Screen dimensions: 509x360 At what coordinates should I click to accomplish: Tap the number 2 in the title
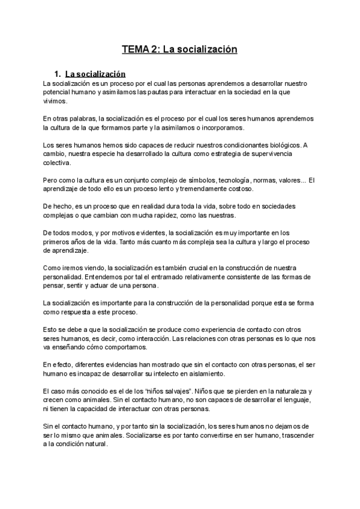(155, 49)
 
